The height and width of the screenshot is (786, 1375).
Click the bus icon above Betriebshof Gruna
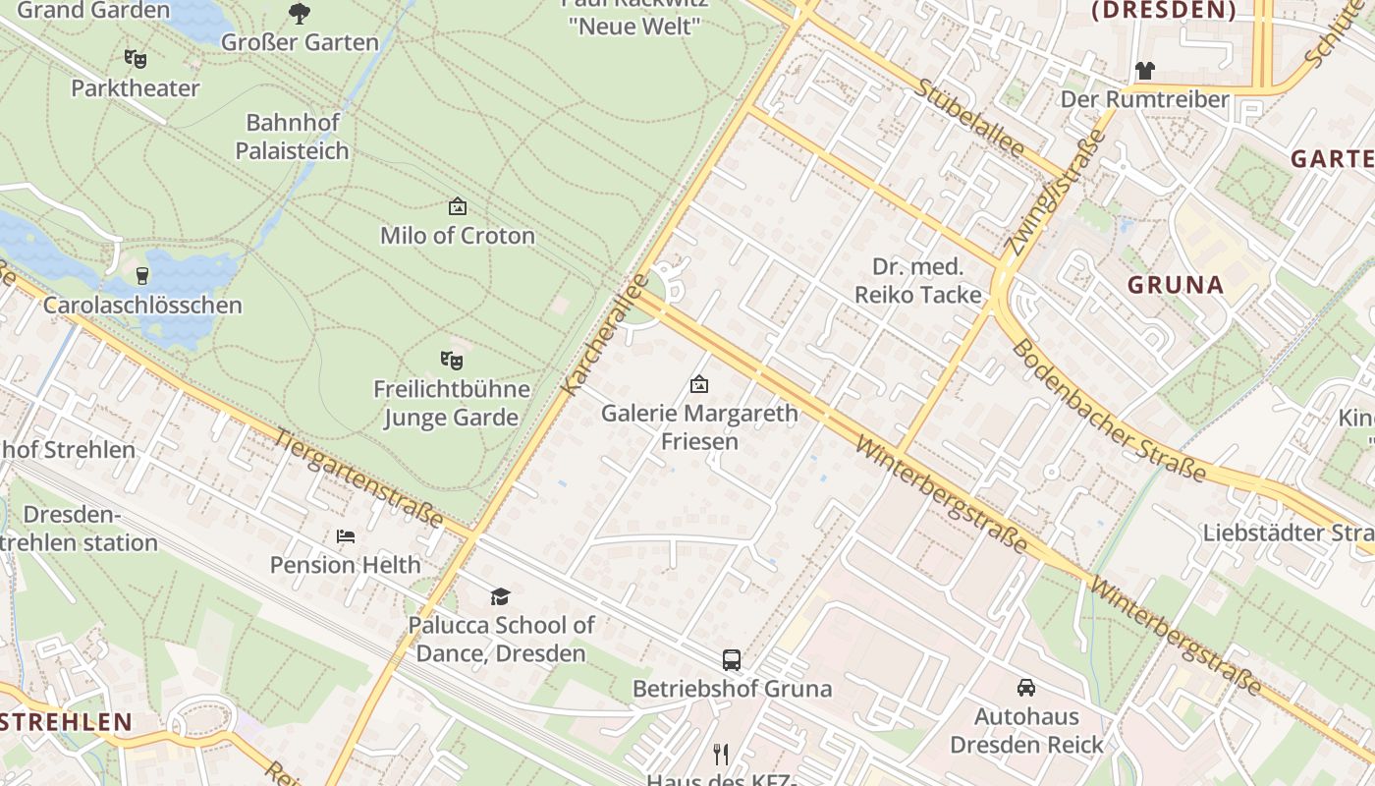pyautogui.click(x=732, y=660)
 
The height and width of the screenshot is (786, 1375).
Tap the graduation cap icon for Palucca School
pyautogui.click(x=501, y=596)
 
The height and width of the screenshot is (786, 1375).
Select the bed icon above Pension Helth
pyautogui.click(x=346, y=536)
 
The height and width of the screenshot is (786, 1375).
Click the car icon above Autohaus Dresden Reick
pyautogui.click(x=1026, y=688)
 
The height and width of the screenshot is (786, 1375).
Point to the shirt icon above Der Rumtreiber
pyautogui.click(x=1145, y=71)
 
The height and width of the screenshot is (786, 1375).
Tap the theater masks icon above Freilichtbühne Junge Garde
pyautogui.click(x=452, y=361)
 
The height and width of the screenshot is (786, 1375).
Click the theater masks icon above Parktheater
pyautogui.click(x=136, y=59)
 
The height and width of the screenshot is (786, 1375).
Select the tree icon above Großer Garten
pyautogui.click(x=300, y=14)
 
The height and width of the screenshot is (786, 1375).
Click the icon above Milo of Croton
pyautogui.click(x=458, y=206)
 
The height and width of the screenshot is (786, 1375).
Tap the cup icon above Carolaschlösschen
pyautogui.click(x=142, y=275)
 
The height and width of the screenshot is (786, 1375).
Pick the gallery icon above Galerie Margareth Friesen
pyautogui.click(x=699, y=384)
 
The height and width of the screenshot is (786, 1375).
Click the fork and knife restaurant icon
pyautogui.click(x=721, y=754)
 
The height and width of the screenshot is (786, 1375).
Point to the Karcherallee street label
pyautogui.click(x=606, y=334)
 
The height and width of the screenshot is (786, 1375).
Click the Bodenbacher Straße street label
pyautogui.click(x=1108, y=411)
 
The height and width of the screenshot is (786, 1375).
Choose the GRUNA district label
pyautogui.click(x=1176, y=286)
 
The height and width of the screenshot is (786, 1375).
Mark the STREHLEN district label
pyautogui.click(x=66, y=722)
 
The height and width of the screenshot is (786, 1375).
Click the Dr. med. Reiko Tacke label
pyautogui.click(x=918, y=281)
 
